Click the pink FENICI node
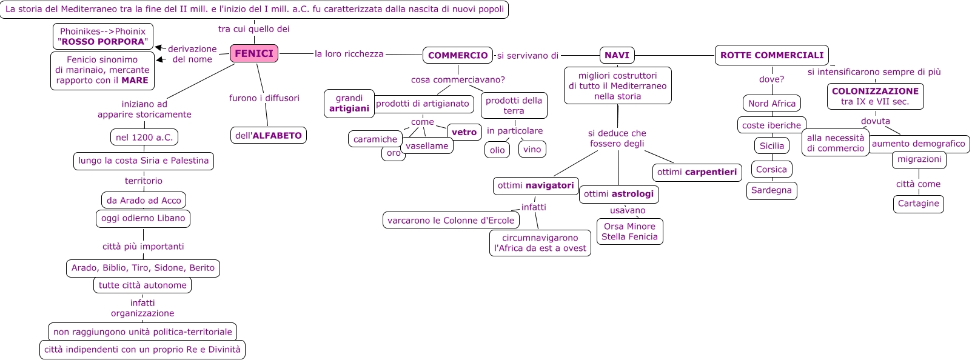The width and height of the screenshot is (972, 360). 254,53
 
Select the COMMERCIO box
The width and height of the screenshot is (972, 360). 458,55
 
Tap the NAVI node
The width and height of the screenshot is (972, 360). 617,55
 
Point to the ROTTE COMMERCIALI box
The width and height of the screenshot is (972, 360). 771,55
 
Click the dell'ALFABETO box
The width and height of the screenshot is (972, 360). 269,135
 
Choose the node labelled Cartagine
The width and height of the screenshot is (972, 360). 918,204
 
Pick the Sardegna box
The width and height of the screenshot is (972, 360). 771,190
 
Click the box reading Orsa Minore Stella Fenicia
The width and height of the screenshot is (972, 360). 629,232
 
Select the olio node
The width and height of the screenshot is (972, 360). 497,150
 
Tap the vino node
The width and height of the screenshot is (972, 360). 532,149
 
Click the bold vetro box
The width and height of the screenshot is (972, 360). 464,132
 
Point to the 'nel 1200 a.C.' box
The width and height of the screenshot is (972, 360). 144,138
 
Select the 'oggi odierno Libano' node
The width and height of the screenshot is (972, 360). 143,218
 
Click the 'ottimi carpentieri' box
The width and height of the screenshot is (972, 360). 697,172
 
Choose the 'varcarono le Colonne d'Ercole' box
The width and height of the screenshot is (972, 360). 451,221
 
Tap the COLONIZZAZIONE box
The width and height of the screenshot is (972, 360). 875,96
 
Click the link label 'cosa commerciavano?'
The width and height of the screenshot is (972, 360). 458,79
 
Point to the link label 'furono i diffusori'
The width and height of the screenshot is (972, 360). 264,98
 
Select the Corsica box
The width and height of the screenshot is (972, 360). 771,170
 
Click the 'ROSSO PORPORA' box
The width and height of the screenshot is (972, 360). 103,36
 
